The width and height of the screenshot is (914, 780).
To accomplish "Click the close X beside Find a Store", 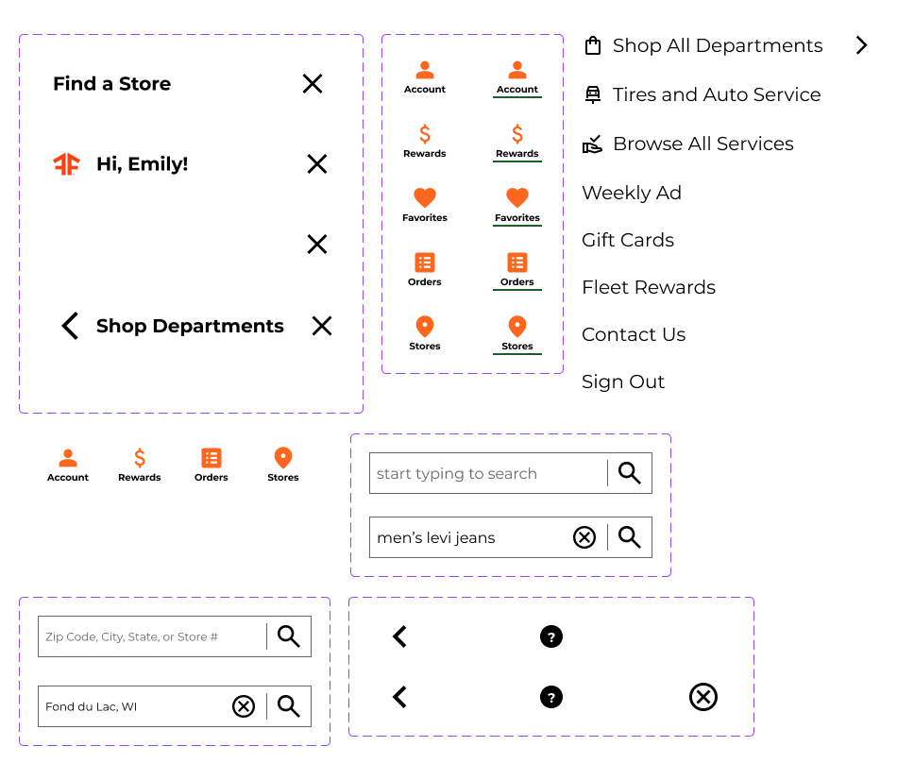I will [313, 84].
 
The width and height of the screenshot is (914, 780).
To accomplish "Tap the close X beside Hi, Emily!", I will [317, 164].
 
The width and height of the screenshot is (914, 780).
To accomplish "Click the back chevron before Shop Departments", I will [70, 326].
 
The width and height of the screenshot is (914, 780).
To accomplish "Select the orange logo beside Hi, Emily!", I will [66, 164].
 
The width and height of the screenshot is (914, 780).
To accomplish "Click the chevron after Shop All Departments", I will [861, 45].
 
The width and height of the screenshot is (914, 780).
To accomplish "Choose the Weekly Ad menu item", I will [631, 193].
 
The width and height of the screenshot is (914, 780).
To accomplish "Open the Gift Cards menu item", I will [627, 240].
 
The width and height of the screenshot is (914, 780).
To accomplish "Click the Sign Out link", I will [622, 382].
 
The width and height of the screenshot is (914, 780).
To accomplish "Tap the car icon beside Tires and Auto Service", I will [593, 94].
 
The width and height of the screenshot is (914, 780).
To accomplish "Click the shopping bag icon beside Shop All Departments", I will [593, 45].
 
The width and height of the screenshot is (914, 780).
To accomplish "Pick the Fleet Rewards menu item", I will [648, 287].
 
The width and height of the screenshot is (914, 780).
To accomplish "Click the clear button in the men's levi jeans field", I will [584, 537].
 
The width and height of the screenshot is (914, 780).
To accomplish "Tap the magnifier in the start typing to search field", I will [630, 473].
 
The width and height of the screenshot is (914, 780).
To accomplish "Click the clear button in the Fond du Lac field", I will [244, 706].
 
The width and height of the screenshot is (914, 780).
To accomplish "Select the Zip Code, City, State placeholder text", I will [131, 637].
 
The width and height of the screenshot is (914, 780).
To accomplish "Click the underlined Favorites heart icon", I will [517, 198].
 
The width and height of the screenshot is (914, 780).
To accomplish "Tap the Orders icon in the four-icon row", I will [212, 459].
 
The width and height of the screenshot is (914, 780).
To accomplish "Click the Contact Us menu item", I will [633, 334].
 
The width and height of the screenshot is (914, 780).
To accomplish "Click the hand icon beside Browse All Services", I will [593, 144].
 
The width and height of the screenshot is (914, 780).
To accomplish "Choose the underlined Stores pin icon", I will [517, 327].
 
